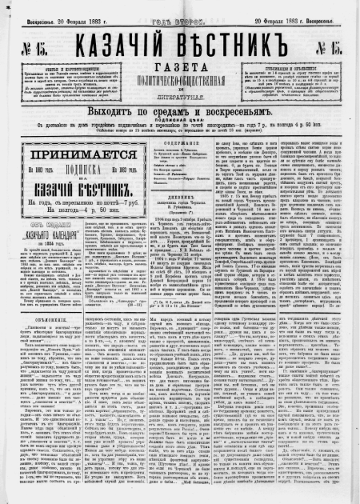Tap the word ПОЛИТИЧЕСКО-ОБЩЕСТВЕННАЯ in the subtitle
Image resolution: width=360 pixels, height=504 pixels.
click(179, 77)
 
